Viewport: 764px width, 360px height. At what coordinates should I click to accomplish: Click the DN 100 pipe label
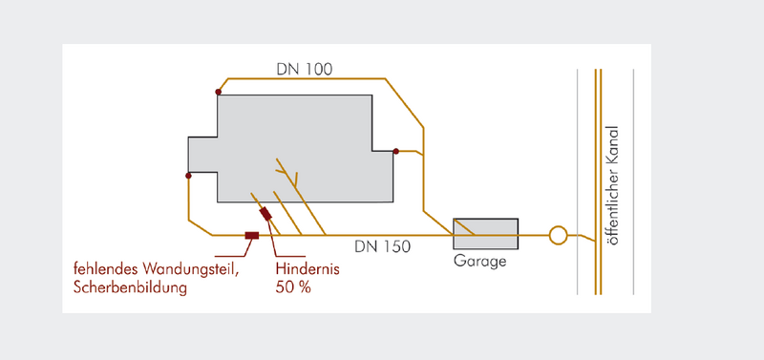click(305, 69)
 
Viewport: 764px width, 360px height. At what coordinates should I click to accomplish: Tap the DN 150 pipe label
click(383, 247)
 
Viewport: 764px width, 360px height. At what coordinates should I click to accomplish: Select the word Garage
click(480, 261)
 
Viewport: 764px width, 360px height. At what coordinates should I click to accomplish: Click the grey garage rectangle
click(485, 234)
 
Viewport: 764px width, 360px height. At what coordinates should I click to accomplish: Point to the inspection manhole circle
click(558, 235)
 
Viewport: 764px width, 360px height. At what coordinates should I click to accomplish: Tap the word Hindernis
click(308, 269)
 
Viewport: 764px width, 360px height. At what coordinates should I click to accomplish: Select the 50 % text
click(293, 287)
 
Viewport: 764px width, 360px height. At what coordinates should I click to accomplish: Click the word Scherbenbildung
click(130, 287)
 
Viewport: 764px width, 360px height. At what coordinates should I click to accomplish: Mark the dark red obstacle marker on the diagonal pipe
click(265, 214)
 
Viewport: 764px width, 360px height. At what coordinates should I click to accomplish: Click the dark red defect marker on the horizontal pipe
click(252, 235)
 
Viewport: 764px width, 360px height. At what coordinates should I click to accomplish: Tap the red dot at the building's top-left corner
click(219, 92)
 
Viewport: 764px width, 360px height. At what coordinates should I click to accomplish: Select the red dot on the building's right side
click(395, 152)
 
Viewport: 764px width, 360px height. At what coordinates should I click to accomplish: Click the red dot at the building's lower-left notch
click(188, 176)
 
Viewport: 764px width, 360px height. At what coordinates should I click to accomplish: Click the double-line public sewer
click(598, 181)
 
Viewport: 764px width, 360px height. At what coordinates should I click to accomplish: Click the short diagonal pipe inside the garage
click(464, 228)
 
